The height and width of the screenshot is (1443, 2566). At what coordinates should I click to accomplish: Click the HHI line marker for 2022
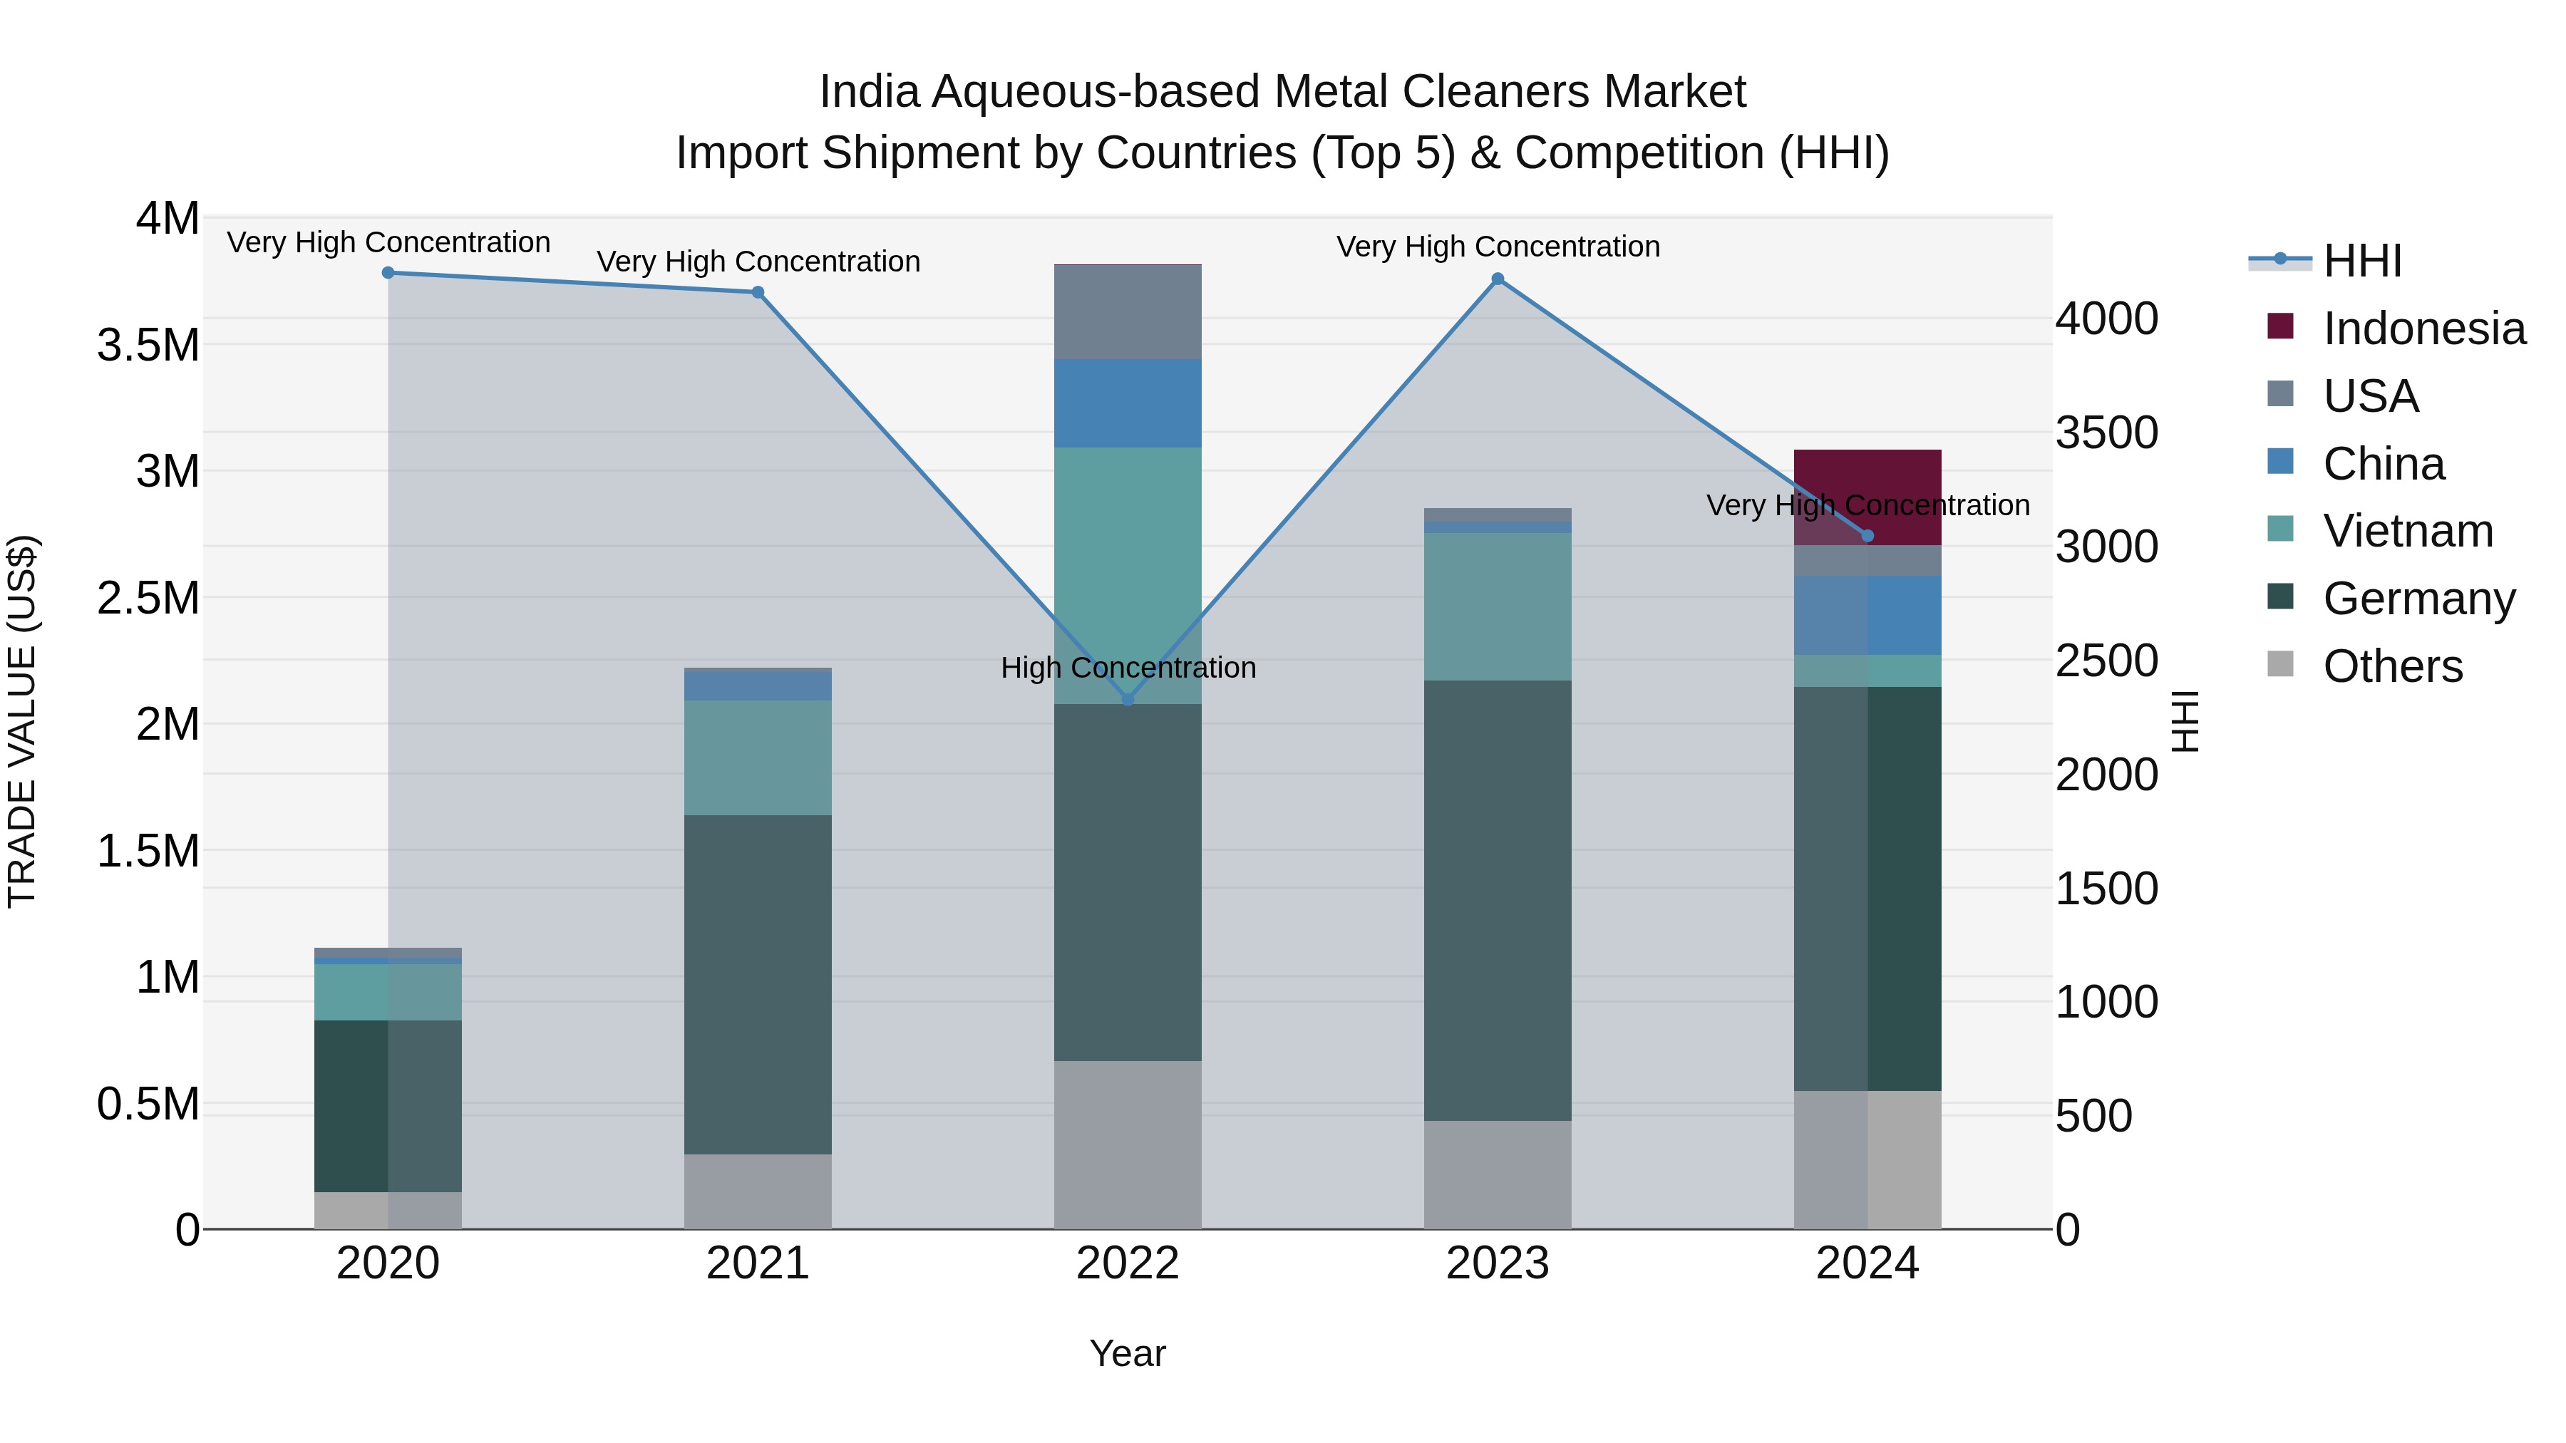1128,699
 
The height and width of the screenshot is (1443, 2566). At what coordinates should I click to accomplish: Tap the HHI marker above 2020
388,273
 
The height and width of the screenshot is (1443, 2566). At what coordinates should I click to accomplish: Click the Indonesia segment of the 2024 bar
1867,478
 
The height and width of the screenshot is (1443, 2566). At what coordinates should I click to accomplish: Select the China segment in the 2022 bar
1128,403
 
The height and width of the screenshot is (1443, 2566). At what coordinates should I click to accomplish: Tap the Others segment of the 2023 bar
1497,1174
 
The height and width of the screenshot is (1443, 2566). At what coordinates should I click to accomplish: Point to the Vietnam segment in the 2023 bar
1497,606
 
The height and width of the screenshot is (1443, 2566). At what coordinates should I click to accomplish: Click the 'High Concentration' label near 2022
1128,667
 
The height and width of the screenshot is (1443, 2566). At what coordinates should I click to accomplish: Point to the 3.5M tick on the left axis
148,346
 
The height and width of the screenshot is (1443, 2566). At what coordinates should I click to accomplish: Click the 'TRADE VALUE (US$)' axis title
22,721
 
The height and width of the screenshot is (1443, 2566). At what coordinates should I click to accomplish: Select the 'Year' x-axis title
1128,1353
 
